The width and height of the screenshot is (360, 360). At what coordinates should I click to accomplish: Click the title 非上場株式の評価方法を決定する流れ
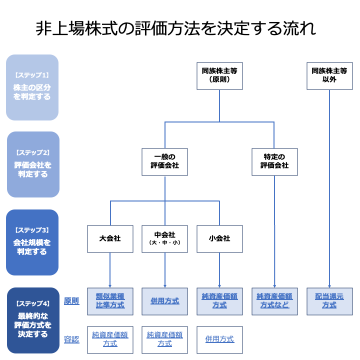click(175, 28)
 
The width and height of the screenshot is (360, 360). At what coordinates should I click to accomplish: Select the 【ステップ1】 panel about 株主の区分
click(32, 87)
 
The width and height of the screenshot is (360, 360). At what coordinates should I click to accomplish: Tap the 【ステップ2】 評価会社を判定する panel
click(32, 164)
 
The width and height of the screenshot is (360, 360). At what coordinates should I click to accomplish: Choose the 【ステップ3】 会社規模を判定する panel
click(32, 242)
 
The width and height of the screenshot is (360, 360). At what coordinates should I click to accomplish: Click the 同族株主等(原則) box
click(219, 75)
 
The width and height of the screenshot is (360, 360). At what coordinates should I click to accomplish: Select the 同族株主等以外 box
click(329, 75)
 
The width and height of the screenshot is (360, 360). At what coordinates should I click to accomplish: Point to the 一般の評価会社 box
click(164, 161)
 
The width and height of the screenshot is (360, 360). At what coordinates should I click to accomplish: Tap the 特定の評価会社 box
click(274, 161)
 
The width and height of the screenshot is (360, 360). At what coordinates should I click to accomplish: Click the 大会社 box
click(110, 238)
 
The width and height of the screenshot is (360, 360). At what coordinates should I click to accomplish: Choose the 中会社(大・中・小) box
click(164, 238)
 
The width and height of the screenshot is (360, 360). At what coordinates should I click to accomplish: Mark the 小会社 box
click(219, 238)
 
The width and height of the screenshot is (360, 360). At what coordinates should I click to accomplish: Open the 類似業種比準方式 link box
click(110, 301)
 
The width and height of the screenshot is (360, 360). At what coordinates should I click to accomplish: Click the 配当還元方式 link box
click(329, 301)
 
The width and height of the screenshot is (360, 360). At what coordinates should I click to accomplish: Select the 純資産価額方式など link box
click(274, 301)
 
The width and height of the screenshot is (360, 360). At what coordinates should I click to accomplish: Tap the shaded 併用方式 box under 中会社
click(164, 301)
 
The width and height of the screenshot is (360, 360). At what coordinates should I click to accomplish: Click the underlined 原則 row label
click(71, 301)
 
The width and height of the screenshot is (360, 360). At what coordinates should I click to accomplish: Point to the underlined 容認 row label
click(71, 339)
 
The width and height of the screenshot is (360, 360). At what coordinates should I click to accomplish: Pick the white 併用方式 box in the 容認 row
click(219, 339)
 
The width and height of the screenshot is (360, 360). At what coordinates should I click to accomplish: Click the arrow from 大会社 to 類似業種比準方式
click(110, 270)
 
